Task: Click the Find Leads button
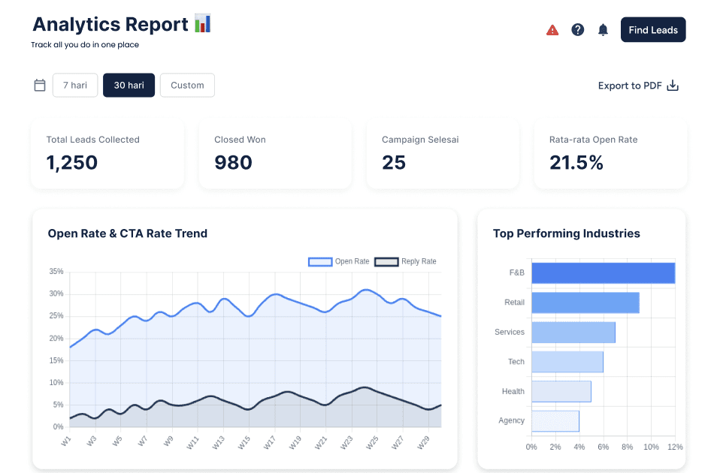(x=652, y=30)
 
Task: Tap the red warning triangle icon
(x=552, y=30)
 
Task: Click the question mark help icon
(x=577, y=30)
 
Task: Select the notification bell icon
(x=603, y=30)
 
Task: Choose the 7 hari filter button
(x=75, y=86)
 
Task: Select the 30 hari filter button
(x=129, y=86)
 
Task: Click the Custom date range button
(x=187, y=86)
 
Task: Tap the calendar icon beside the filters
(x=40, y=86)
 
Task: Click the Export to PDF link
(x=637, y=86)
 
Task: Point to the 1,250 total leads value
(x=72, y=162)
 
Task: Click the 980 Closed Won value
(x=233, y=162)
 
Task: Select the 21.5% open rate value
(x=576, y=162)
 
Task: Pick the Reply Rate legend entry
(x=405, y=261)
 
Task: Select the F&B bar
(x=603, y=273)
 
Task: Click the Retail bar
(x=585, y=303)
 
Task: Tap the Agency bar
(x=555, y=420)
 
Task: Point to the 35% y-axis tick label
(x=56, y=271)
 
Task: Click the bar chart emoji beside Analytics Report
(x=202, y=23)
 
